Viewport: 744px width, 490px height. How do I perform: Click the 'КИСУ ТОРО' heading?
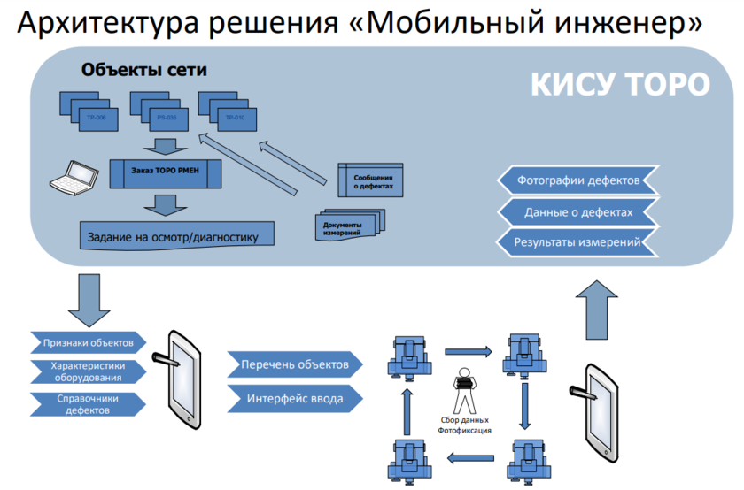(x=619, y=84)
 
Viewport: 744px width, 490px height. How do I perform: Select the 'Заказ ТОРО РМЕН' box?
(x=164, y=172)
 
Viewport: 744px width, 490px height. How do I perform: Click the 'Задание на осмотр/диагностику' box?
(x=173, y=236)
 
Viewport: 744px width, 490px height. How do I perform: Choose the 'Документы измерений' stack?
(x=346, y=227)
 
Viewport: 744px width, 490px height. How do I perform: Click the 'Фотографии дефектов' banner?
(x=578, y=180)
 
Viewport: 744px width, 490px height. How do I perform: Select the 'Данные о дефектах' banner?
(x=578, y=211)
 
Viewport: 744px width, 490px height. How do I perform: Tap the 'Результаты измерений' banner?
(x=578, y=241)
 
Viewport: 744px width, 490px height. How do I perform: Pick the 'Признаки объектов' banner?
(x=86, y=342)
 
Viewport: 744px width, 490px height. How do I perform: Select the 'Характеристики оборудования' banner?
(x=86, y=372)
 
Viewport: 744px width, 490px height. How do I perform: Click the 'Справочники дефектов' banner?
(x=86, y=404)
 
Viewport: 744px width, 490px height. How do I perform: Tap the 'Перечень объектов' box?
(x=295, y=364)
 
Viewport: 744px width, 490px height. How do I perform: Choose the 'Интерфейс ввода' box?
(x=295, y=398)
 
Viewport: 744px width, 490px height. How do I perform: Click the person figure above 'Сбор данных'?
(x=462, y=387)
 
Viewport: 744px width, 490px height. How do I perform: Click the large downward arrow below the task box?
(x=85, y=300)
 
